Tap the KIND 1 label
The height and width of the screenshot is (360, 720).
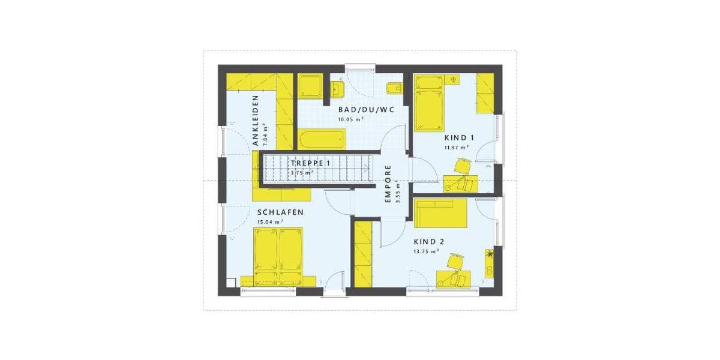[x=456, y=137]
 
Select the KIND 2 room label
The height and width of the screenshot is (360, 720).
[x=429, y=241]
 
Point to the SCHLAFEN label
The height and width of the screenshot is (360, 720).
[x=280, y=212]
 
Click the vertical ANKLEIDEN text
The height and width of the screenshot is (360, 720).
[x=255, y=121]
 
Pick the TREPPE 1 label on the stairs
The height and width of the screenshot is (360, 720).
[x=310, y=163]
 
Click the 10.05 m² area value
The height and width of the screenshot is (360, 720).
[x=351, y=119]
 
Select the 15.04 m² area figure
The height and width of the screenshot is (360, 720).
[x=270, y=221]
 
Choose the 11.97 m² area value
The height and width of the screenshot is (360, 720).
[x=456, y=147]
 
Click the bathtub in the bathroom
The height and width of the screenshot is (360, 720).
[x=321, y=139]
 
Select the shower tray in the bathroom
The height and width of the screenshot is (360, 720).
[x=310, y=86]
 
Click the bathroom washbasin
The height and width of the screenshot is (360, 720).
[x=335, y=90]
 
